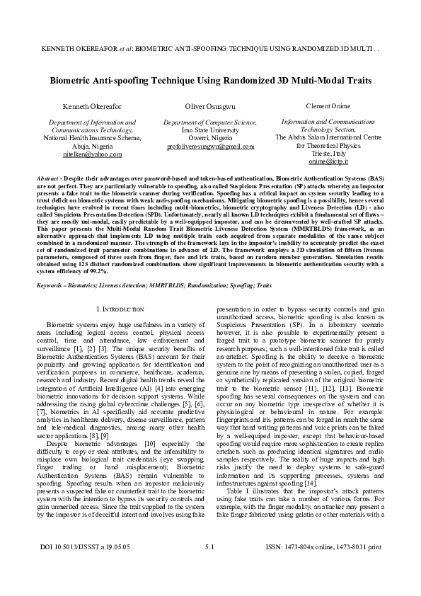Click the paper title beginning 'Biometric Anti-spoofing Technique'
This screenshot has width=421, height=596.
click(x=210, y=81)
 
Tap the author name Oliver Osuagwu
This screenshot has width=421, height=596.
click(x=209, y=106)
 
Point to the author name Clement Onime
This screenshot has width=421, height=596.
click(x=328, y=105)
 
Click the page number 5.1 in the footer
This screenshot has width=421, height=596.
click(x=209, y=567)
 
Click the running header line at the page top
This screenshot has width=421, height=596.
click(x=210, y=52)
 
